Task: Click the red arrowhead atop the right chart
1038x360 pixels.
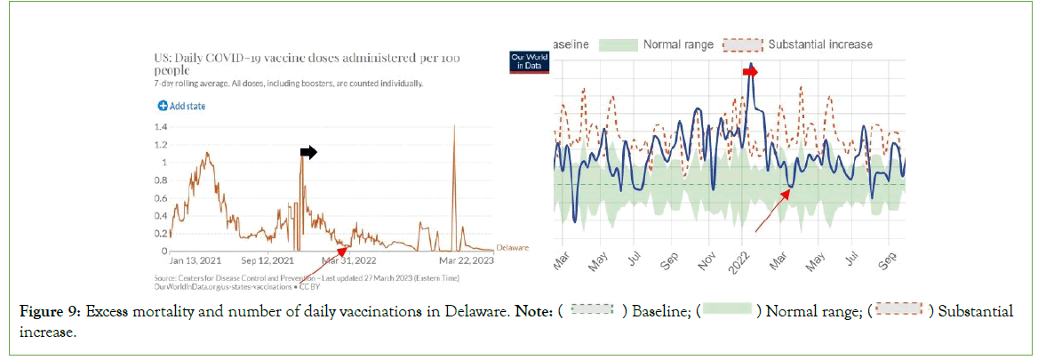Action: coord(751,71)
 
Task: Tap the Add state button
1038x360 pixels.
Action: coord(182,106)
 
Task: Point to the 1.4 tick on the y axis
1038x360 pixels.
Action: coord(161,126)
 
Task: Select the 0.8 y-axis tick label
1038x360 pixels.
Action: coord(161,180)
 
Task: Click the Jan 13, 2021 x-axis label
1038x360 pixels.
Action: coord(196,260)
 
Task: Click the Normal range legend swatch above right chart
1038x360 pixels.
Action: coord(619,44)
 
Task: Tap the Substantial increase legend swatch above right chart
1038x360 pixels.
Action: coord(744,44)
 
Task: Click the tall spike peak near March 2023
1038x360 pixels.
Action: coord(455,126)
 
